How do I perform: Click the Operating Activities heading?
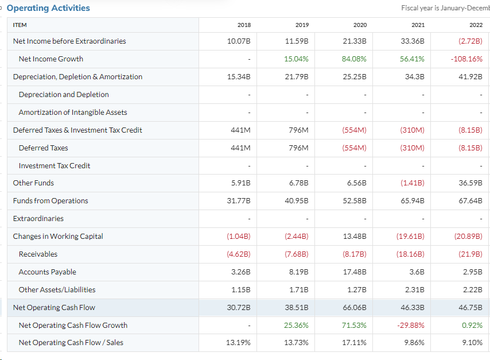coord(48,8)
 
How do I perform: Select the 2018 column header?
coord(244,25)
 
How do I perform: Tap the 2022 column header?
coord(476,25)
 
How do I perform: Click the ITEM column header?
coord(20,25)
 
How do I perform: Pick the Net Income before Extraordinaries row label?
coord(69,41)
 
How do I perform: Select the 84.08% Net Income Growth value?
coord(355,59)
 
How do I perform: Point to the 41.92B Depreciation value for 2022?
coord(470,76)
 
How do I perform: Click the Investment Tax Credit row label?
coord(55,165)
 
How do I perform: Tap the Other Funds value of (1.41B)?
coord(413,183)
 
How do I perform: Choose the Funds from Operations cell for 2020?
coord(356,200)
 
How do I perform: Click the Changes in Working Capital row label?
coord(58,236)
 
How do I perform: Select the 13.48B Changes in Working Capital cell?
coord(356,236)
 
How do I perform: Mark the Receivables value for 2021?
coord(411,254)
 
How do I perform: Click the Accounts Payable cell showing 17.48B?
coord(356,272)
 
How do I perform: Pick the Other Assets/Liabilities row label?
coord(57,289)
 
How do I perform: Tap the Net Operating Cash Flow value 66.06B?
coord(356,307)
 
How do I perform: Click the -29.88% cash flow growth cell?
coord(411,325)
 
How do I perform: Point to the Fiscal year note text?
coord(445,8)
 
